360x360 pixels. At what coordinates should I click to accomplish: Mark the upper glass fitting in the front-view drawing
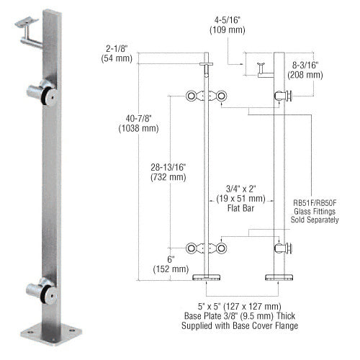tap(206, 97)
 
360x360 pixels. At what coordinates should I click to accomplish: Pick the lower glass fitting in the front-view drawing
tap(206, 248)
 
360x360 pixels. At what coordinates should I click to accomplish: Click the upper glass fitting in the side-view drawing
tap(283, 96)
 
